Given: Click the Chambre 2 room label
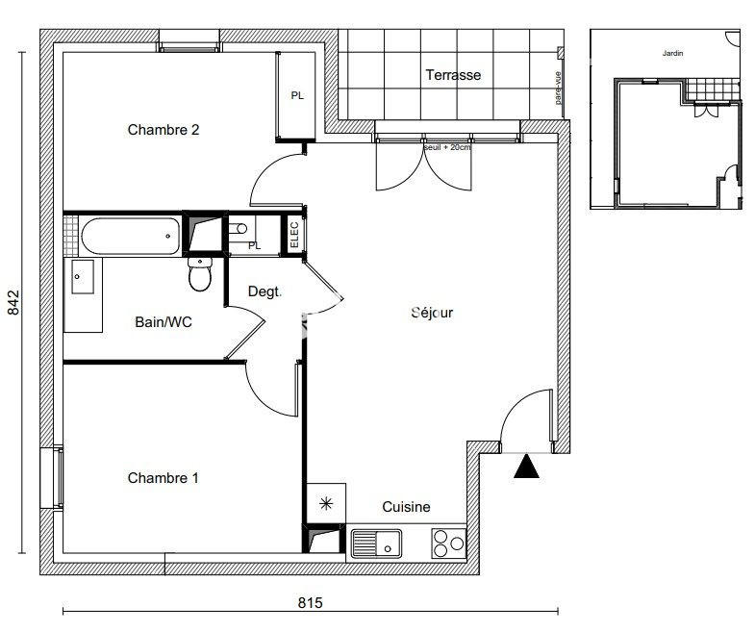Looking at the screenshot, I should click(x=164, y=130).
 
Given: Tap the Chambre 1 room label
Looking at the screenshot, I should click(x=164, y=478).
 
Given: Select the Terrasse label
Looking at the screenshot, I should click(x=453, y=75).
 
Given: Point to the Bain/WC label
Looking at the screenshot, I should click(x=164, y=322).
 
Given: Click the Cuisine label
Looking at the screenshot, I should click(x=406, y=507).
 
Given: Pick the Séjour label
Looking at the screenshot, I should click(x=432, y=313).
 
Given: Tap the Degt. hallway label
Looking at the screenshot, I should click(x=264, y=291).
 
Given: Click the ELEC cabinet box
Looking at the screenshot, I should click(x=293, y=236).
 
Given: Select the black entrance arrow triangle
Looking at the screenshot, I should click(x=526, y=468).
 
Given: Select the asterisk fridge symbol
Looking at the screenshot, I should click(x=324, y=502).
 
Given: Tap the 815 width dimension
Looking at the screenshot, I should click(x=309, y=603).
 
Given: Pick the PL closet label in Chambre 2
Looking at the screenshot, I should click(x=298, y=95).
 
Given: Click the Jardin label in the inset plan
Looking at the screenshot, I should click(x=672, y=54).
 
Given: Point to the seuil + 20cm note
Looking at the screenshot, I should click(x=448, y=148).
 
